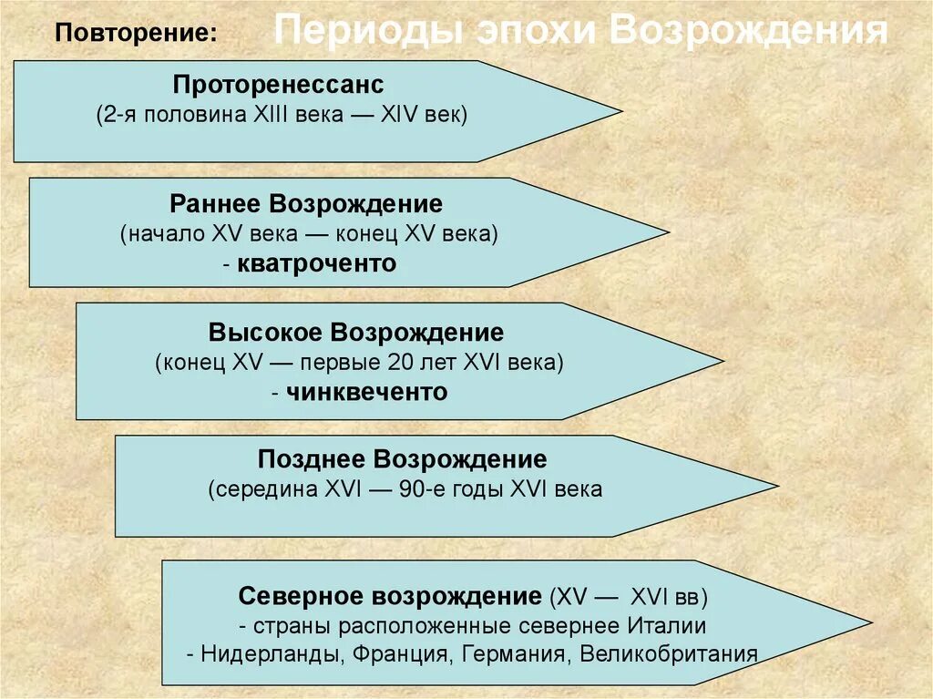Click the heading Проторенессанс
pos(279,85)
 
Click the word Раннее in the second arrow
pos(213,203)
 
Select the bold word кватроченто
pos(316,264)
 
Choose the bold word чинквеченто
pos(367,392)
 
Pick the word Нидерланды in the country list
pos(257,655)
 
